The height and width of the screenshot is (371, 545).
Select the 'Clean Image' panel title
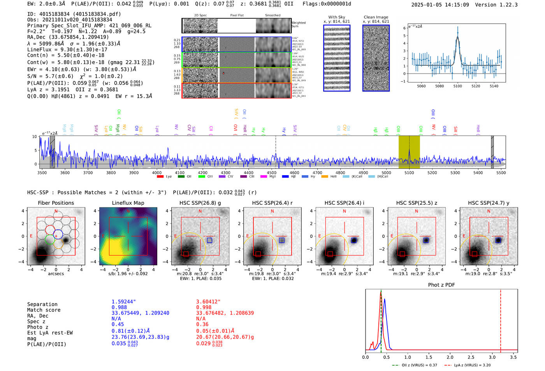pyautogui.click(x=376, y=17)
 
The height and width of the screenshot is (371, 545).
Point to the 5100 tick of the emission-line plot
pyautogui.click(x=457, y=86)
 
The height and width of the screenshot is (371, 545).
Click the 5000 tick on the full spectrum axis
pyautogui.click(x=386, y=172)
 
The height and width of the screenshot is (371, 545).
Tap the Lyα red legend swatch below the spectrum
pyautogui.click(x=160, y=177)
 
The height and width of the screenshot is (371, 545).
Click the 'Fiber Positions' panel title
pyautogui.click(x=56, y=203)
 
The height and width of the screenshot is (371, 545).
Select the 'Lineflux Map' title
pyautogui.click(x=128, y=203)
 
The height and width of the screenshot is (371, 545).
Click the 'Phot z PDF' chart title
pyautogui.click(x=441, y=285)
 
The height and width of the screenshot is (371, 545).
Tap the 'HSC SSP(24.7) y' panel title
pyautogui.click(x=489, y=203)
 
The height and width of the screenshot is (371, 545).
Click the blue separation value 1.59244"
pyautogui.click(x=124, y=302)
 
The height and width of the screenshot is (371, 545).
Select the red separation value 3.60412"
pyautogui.click(x=208, y=302)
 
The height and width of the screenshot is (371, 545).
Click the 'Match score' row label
pyautogui.click(x=44, y=310)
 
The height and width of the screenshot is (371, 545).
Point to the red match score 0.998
pyautogui.click(x=204, y=308)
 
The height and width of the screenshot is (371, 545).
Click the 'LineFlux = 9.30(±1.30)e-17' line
pyautogui.click(x=67, y=50)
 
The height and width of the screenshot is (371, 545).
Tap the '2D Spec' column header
pyautogui.click(x=200, y=16)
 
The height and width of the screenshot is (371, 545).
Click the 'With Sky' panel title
pyautogui.click(x=336, y=17)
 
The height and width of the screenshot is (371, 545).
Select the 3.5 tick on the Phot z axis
pyautogui.click(x=513, y=357)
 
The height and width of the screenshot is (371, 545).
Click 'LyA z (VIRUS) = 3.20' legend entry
pyautogui.click(x=472, y=365)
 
